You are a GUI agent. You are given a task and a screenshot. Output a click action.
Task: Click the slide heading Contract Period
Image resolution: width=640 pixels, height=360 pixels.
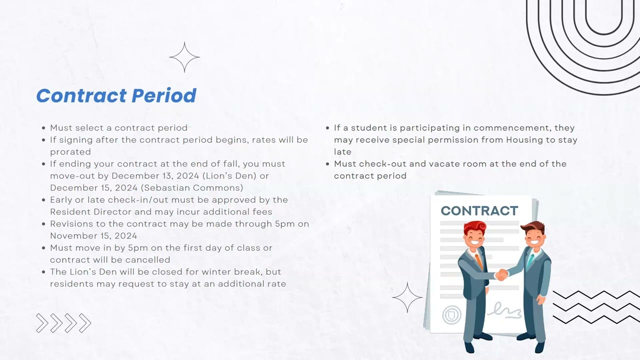pos(116,95)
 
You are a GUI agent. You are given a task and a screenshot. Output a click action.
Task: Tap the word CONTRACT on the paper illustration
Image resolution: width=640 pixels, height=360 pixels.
pos(479,211)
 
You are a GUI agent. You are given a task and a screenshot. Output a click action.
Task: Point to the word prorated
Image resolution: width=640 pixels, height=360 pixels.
pos(70,152)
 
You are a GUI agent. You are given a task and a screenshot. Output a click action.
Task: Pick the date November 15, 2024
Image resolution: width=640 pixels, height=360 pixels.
pos(93,236)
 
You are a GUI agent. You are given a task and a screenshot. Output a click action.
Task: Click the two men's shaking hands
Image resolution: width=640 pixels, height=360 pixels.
pos(501,274)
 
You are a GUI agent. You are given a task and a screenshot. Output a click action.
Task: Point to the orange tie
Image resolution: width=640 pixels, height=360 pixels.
pos(478,260)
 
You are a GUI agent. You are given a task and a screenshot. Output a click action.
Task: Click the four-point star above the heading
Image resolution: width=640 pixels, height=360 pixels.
pos(184,57)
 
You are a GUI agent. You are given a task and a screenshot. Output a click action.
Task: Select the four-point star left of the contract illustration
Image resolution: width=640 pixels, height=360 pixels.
pos(407,297)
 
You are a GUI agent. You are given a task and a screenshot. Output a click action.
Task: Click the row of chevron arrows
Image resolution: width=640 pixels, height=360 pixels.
pos(63,323)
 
